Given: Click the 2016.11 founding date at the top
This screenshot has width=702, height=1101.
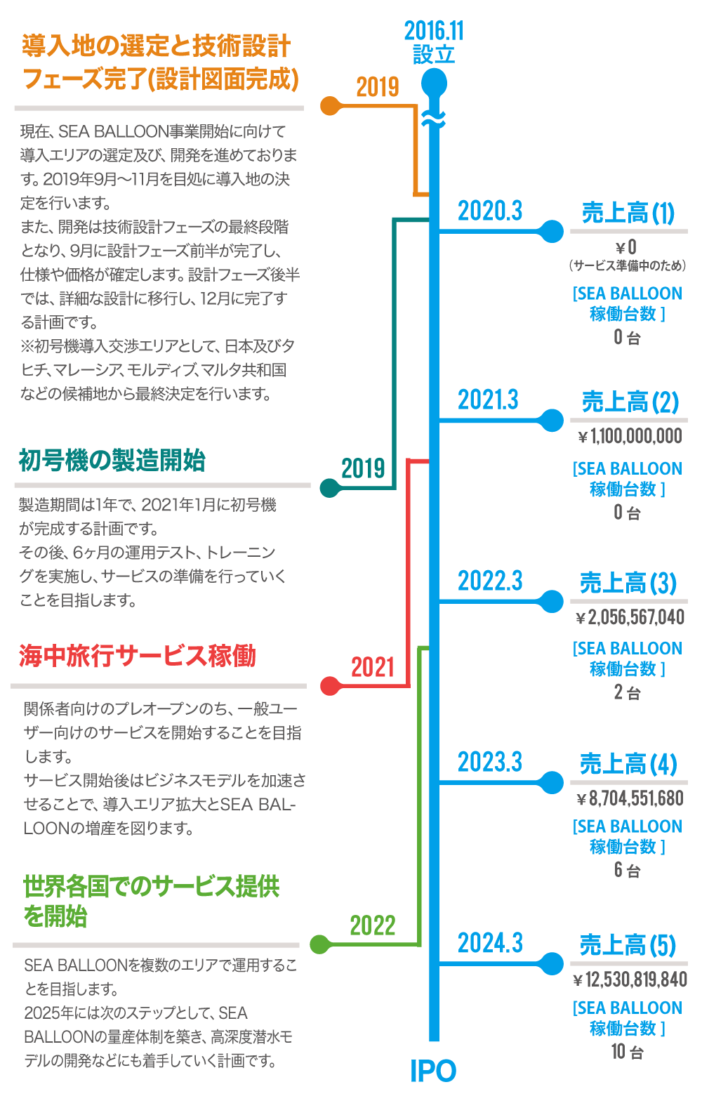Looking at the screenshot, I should coord(434,32).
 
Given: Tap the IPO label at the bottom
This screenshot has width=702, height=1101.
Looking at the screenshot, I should coord(433,1072).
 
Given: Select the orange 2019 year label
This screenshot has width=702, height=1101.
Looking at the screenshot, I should coord(378,87).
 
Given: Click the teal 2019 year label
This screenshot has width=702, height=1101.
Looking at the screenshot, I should coord(363,468).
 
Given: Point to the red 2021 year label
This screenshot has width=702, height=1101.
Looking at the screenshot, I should coord(373,666).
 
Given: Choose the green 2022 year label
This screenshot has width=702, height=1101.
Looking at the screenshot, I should coord(373,925).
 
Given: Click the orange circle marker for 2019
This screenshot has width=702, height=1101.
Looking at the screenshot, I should coord(329,106).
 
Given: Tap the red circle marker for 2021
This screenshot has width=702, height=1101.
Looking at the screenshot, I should coord(329,685).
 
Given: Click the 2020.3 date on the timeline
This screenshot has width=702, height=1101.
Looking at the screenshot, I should coord(490,210).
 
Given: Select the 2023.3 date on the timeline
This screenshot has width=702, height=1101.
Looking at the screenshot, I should coord(490,762).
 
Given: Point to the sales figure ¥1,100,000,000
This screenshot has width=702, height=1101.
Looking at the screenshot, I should coord(629,437).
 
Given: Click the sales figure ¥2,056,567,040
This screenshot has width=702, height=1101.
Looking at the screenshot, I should coord(629,617).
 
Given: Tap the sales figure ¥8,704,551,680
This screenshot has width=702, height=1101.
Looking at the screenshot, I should coord(629,798).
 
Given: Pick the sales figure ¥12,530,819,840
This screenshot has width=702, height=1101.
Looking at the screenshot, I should coord(629,980).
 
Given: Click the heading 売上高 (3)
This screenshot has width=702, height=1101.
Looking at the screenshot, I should coord(628,584).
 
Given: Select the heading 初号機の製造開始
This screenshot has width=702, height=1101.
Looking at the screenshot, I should coord(112,461).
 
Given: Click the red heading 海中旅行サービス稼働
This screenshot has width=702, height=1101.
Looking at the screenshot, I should coord(137,656).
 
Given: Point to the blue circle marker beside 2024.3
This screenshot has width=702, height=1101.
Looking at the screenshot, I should coord(553,963).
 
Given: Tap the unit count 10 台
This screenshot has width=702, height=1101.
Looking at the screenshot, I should coord(627,1052).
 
